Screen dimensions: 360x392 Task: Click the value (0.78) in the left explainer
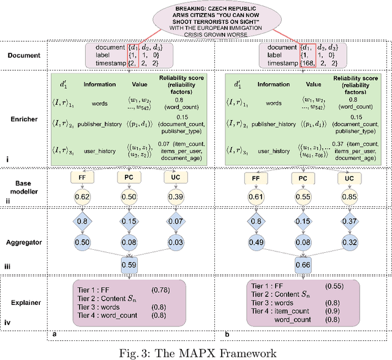(x=160, y=289)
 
